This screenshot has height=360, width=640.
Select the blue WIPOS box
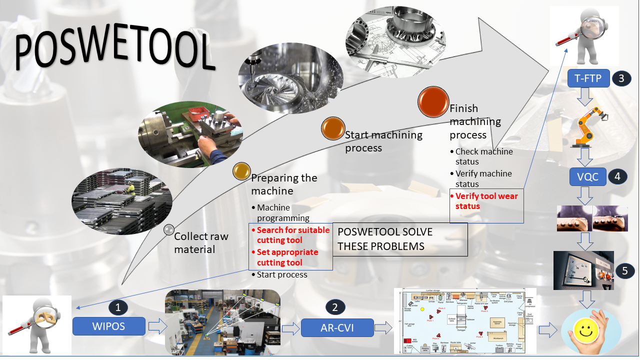(109, 326)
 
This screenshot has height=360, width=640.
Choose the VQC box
(588, 176)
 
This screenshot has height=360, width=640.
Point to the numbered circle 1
(118, 307)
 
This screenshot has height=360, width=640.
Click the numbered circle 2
(335, 307)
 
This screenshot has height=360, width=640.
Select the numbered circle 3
(621, 78)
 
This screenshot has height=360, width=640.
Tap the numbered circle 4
(617, 176)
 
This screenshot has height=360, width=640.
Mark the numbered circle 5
(624, 270)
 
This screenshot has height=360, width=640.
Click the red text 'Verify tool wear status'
(486, 201)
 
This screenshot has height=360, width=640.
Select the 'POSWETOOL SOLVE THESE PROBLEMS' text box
(399, 239)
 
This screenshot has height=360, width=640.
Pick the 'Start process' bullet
(282, 274)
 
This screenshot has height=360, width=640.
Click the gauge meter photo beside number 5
(583, 270)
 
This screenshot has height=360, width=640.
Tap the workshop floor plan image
(464, 321)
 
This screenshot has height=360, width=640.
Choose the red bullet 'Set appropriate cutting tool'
(287, 257)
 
